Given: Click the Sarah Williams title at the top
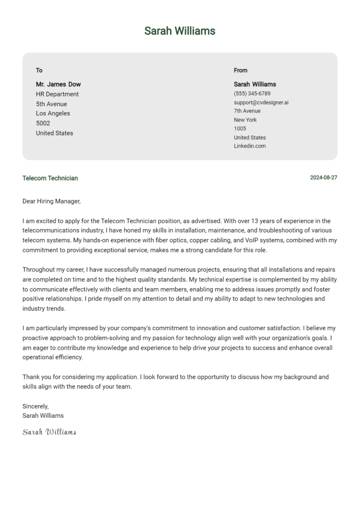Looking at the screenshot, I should [x=180, y=31].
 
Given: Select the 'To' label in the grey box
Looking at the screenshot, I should [x=39, y=70].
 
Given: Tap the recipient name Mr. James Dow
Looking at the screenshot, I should [x=58, y=84].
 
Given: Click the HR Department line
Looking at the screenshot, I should [x=57, y=94].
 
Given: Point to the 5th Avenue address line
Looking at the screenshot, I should [x=52, y=104].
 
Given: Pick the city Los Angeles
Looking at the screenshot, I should [x=53, y=113].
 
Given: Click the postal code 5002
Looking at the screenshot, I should [x=43, y=123].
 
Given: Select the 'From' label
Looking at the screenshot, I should [x=240, y=70].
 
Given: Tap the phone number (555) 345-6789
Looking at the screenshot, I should [x=252, y=94].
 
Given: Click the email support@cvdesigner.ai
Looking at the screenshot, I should [x=261, y=102].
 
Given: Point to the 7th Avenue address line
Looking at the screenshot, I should [x=247, y=111].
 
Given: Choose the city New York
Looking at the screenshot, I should [x=245, y=120].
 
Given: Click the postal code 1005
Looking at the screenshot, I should [x=240, y=128].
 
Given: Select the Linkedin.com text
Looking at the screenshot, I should [x=250, y=146].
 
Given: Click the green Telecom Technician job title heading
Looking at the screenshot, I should [x=50, y=178].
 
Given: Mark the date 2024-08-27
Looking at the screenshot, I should [x=323, y=178].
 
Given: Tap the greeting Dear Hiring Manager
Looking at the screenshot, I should [x=52, y=201].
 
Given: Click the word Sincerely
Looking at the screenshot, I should [x=36, y=406].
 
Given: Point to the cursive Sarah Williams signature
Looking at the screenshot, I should [x=49, y=432].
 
